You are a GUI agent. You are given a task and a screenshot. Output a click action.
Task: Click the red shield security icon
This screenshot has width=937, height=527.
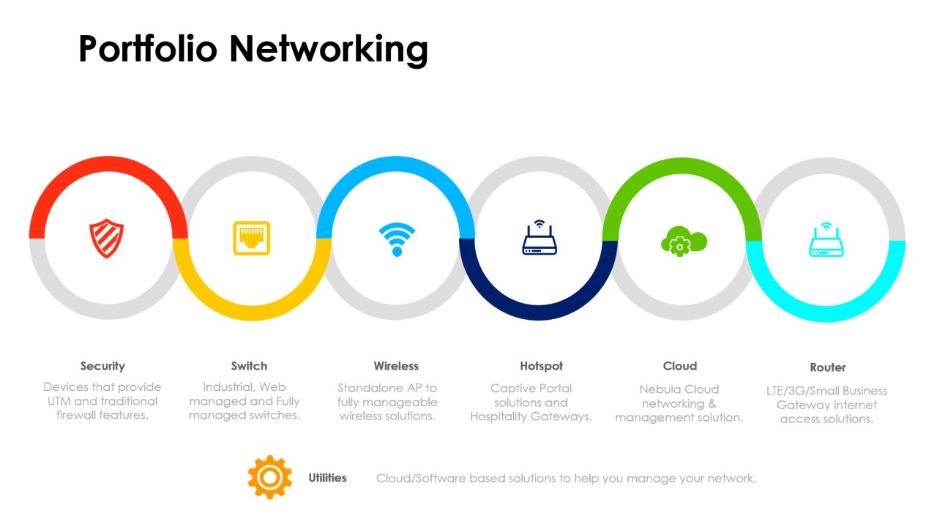[106, 238]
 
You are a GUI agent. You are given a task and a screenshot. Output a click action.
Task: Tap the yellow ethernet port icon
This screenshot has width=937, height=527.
[251, 238]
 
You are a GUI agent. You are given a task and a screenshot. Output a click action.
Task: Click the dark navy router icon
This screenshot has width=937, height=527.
[540, 238]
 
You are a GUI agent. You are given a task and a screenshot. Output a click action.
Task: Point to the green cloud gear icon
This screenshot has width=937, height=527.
[683, 241]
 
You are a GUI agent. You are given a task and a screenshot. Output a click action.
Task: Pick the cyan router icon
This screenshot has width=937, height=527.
[826, 239]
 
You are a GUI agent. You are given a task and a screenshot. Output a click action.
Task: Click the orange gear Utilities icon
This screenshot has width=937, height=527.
[269, 477]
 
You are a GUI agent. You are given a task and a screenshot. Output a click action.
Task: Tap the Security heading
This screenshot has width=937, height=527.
[102, 366]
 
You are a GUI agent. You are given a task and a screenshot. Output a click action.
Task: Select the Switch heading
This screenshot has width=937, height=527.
[249, 366]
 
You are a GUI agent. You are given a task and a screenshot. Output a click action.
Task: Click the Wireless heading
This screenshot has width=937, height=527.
[396, 366]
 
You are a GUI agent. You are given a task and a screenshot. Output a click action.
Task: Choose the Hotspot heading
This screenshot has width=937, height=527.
[542, 366]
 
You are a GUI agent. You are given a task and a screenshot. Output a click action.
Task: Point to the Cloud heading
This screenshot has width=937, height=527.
[680, 366]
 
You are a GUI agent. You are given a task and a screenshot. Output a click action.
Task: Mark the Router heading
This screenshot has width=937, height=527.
[828, 367]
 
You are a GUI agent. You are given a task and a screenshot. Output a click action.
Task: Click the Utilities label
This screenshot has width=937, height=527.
[327, 478]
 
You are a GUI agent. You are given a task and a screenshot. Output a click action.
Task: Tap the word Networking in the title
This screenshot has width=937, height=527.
[328, 49]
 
